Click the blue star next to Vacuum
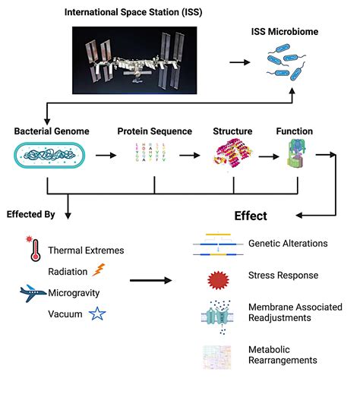point(96,314)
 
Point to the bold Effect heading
point(250,216)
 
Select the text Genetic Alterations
point(286,244)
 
